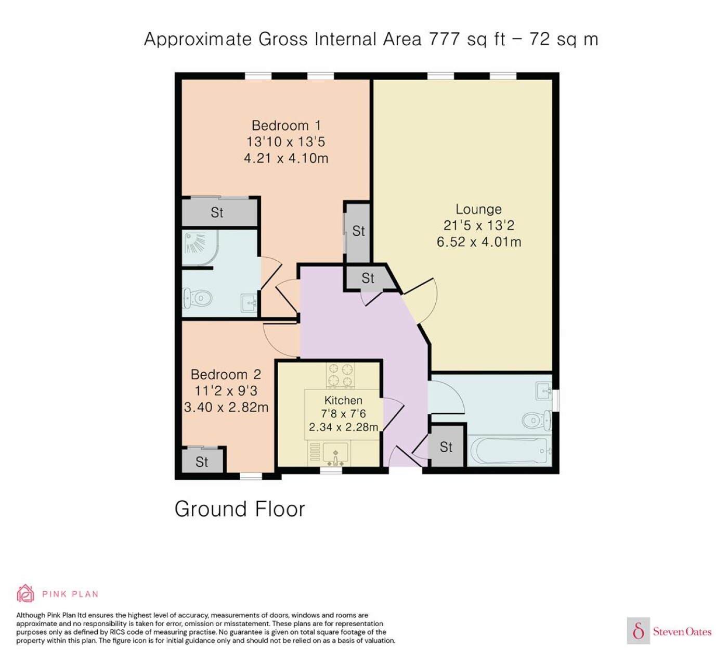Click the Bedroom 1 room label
pyautogui.click(x=287, y=126)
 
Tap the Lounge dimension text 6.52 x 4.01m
pyautogui.click(x=479, y=242)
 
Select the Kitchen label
pyautogui.click(x=343, y=400)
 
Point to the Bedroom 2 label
pyautogui.click(x=226, y=375)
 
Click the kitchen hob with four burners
pyautogui.click(x=341, y=376)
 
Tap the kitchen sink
pyautogui.click(x=336, y=454)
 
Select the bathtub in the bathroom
pyautogui.click(x=509, y=451)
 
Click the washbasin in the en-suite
pyautogui.click(x=249, y=303)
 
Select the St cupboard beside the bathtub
pyautogui.click(x=446, y=447)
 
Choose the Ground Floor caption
pyautogui.click(x=240, y=509)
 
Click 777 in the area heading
pyautogui.click(x=444, y=39)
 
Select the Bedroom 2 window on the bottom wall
pyautogui.click(x=251, y=476)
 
